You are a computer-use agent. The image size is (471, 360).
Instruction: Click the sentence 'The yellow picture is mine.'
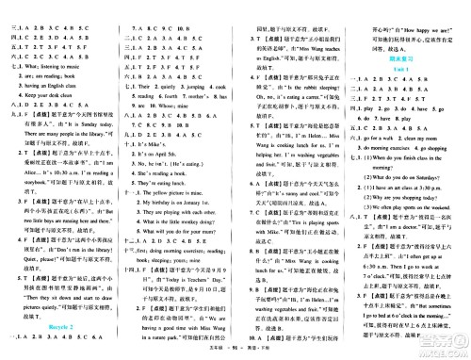[187, 190]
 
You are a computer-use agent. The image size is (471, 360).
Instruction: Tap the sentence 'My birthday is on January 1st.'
[183, 203]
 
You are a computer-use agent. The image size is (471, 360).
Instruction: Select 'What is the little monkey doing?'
[188, 228]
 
